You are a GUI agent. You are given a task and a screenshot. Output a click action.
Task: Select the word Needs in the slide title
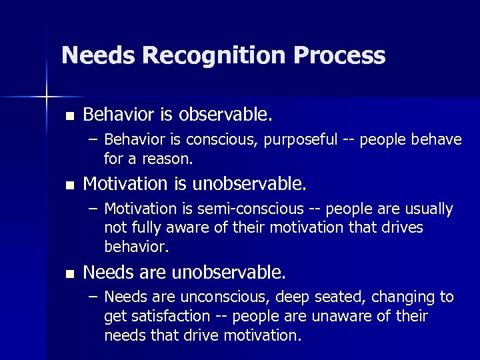coord(99,55)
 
